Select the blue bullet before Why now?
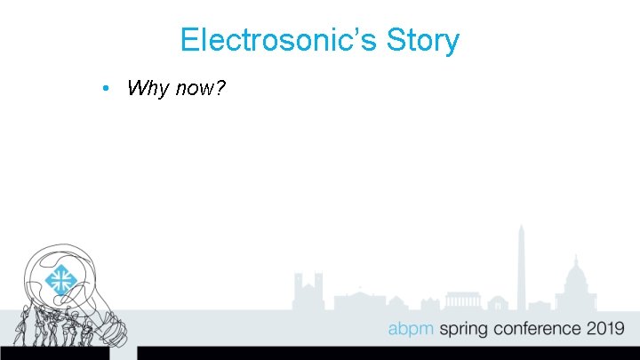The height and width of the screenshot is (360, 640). coord(105,88)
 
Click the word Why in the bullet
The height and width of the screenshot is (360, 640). coord(146,88)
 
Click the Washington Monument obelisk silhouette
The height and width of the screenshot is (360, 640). coord(522,267)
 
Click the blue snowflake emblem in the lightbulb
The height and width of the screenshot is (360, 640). coord(61,281)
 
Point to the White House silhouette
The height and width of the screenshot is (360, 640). coord(360,300)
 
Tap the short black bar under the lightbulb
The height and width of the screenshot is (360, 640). coord(54,353)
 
